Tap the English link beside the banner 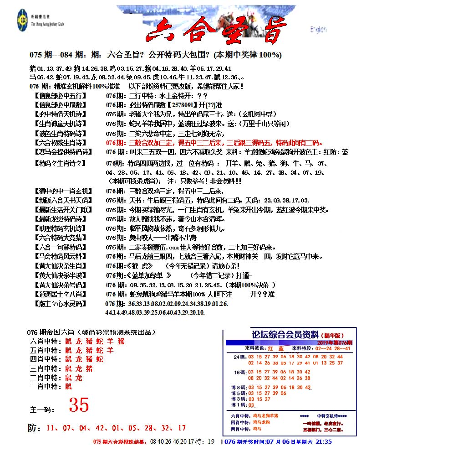point(318,30)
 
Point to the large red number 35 point(79,404)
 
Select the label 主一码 point(41,409)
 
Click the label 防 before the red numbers point(31,428)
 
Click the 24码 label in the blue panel point(239,357)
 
